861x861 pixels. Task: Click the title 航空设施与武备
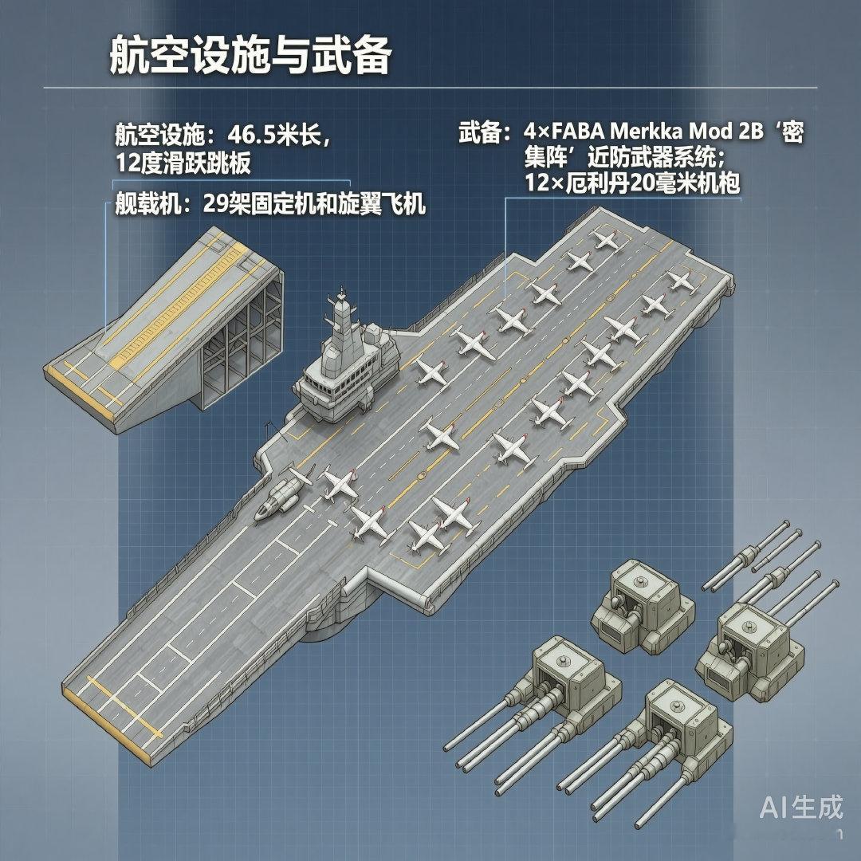[250, 57]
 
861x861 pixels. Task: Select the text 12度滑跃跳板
[183, 163]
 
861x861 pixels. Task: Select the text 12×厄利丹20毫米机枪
[631, 183]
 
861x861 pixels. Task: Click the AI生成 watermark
[800, 808]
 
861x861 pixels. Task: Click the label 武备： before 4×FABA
[483, 132]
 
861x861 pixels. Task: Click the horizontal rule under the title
[431, 87]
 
